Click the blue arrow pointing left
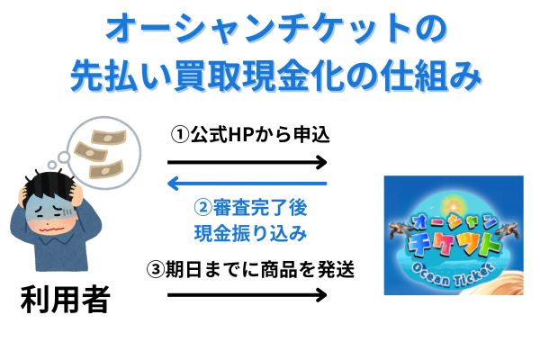point(247,184)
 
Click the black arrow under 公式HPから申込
point(247,162)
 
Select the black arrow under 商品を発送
point(247,295)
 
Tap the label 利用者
point(66,299)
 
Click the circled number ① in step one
point(180,135)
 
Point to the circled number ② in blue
point(203,207)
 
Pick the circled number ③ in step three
point(156,269)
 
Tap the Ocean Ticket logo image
point(454,235)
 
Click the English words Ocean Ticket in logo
point(453,274)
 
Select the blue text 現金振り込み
point(250,233)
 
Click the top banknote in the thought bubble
point(109,137)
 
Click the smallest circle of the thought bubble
point(52,165)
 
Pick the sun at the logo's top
point(453,206)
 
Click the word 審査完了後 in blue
point(260,207)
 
